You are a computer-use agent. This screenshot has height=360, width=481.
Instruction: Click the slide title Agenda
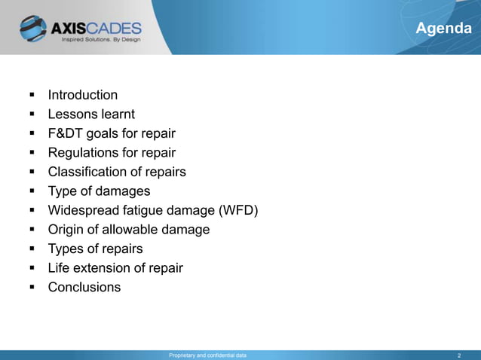[x=444, y=29]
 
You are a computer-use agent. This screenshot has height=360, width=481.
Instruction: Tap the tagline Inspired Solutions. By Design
[x=101, y=41]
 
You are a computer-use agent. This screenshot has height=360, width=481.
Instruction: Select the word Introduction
[x=83, y=95]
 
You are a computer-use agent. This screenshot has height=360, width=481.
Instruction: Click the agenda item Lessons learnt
[x=91, y=114]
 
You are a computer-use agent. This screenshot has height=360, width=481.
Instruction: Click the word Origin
[x=66, y=230]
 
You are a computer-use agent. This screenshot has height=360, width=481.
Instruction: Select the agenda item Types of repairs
[x=95, y=249]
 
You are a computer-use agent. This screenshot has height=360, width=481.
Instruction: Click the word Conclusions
[x=84, y=287]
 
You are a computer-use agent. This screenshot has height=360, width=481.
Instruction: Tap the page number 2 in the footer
[x=459, y=355]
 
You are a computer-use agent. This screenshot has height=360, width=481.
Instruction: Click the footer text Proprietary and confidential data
[x=207, y=355]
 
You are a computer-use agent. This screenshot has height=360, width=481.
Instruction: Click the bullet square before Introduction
[x=32, y=96]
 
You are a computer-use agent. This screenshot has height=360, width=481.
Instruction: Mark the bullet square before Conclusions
[x=32, y=288]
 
